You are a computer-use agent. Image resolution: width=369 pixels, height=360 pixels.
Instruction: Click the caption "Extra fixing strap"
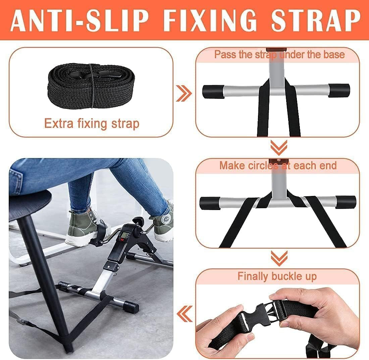(92, 124)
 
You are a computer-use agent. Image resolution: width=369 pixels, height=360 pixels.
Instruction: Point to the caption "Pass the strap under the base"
(279, 54)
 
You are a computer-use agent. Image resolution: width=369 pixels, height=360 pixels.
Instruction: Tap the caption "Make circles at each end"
(278, 165)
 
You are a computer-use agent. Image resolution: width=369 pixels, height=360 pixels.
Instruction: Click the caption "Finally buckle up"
(277, 276)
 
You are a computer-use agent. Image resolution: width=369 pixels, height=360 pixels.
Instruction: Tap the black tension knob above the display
(137, 222)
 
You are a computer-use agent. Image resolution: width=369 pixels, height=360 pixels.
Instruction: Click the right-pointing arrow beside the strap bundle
(184, 93)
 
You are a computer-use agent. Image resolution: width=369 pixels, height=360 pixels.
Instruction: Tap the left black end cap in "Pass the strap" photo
(213, 91)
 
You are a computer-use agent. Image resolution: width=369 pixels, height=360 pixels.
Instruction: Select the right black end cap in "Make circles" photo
(345, 202)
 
